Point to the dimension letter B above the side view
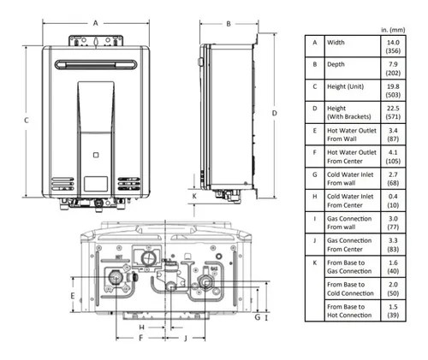pos(229,24)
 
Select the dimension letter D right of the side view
pos(274,113)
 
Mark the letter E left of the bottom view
pos(73,295)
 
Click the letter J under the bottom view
pos(185,339)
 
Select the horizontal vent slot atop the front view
pos(93,65)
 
